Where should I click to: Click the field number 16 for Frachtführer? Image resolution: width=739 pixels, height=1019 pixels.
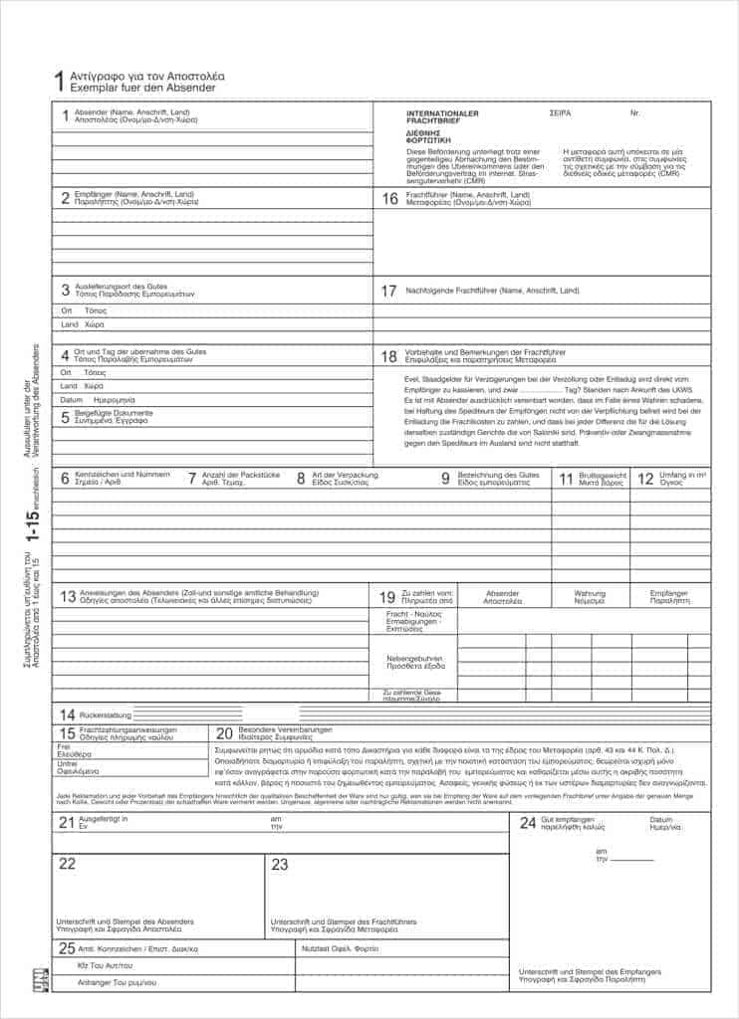pos(389,199)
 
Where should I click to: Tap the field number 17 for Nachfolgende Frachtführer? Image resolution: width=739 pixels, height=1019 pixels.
pos(389,292)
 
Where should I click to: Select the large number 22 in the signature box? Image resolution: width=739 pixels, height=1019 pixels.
pos(67,864)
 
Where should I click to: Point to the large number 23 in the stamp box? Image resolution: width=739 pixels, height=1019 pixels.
pos(280,864)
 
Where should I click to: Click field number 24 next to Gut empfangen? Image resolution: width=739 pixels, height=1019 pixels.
pos(528,822)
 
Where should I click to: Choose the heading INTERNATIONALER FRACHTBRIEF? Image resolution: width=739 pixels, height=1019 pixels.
pos(442,117)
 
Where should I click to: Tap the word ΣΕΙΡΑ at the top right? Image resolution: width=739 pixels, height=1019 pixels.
pos(560,113)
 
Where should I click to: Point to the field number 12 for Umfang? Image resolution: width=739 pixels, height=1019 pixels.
pos(645,479)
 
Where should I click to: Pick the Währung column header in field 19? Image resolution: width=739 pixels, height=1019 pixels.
pos(590,594)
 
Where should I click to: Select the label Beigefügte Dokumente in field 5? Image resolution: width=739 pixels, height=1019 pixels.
pos(114,412)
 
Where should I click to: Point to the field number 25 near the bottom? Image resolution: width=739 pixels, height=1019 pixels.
pos(67,947)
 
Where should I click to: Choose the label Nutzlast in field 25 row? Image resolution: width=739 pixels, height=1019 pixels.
pos(315,948)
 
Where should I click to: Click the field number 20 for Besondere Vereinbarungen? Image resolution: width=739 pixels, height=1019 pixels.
pos(225,732)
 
